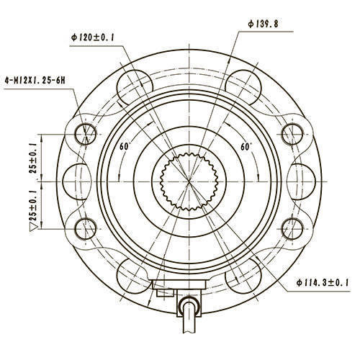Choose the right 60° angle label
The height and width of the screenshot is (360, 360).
(247, 146)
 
